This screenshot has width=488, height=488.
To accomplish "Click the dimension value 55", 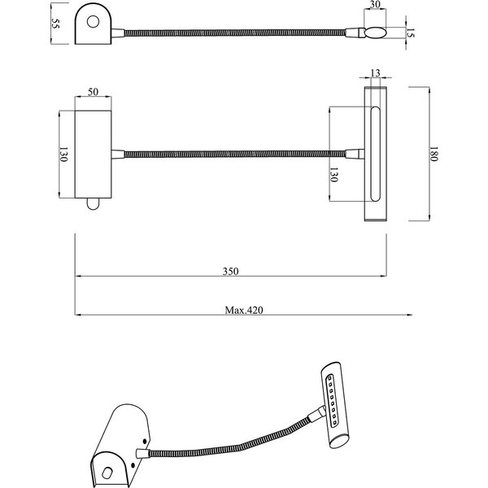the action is point(55,24).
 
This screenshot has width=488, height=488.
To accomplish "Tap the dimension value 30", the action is point(375,5).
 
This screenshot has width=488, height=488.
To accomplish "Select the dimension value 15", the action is point(411,33).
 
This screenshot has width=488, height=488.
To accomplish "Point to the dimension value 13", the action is point(375,73).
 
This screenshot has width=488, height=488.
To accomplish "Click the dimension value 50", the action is point(93,92).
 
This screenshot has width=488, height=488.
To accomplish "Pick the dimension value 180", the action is point(434,154).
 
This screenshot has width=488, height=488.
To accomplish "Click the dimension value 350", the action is point(231,272).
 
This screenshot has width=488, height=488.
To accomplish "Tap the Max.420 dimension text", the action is point(244,311).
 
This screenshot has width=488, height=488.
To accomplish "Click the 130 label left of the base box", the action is point(63,155).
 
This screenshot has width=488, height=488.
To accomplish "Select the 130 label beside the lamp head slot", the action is point(333,175).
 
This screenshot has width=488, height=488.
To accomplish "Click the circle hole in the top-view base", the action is point(93,22).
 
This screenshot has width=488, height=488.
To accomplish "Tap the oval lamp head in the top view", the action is point(375,33).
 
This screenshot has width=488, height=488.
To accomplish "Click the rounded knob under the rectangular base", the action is point(93,204).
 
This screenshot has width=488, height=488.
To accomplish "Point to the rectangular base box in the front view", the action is point(93,155).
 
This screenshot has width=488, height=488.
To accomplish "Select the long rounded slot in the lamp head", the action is point(375,154).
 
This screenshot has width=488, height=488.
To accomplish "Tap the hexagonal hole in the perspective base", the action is point(107,473).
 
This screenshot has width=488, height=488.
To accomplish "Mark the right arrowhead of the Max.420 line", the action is point(410,315).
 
